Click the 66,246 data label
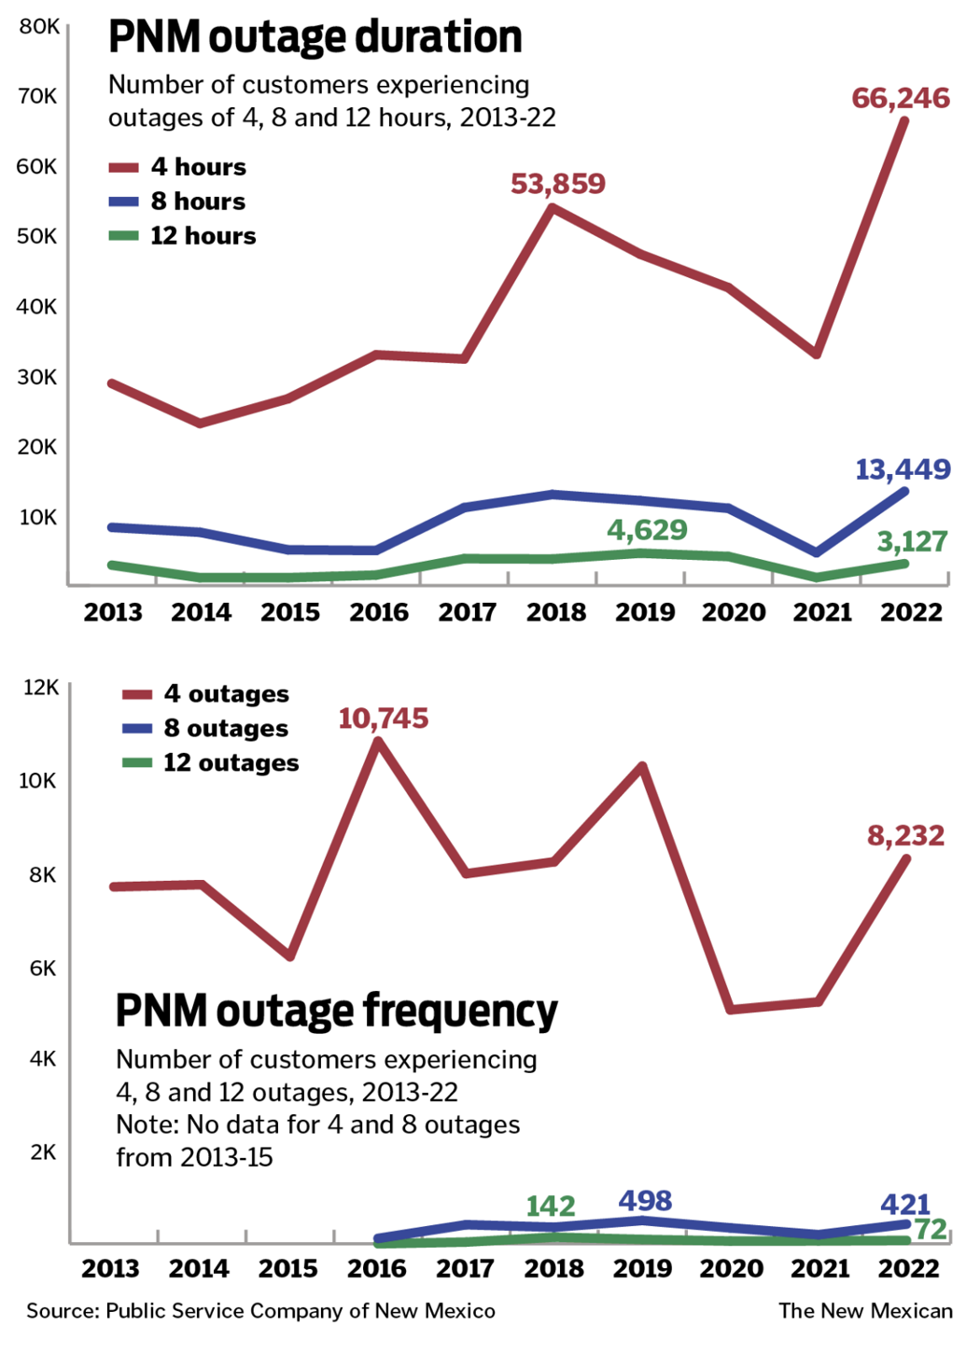pyautogui.click(x=900, y=98)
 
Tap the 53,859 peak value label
pyautogui.click(x=557, y=184)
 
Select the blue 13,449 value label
pyautogui.click(x=902, y=469)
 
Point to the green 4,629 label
pyautogui.click(x=647, y=530)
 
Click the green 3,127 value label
pyautogui.click(x=911, y=541)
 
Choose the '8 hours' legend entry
pyautogui.click(x=177, y=202)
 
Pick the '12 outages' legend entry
pyautogui.click(x=211, y=763)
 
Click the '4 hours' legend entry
pyautogui.click(x=177, y=167)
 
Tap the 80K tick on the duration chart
pyautogui.click(x=38, y=27)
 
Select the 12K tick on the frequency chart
pyautogui.click(x=40, y=688)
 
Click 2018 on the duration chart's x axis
pyautogui.click(x=556, y=612)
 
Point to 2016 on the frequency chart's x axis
pyautogui.click(x=377, y=1269)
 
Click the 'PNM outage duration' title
pyautogui.click(x=315, y=37)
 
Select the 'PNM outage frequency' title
pyautogui.click(x=336, y=1011)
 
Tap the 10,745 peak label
pyautogui.click(x=383, y=719)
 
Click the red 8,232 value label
pyautogui.click(x=905, y=835)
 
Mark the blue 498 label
pyautogui.click(x=645, y=1201)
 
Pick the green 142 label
pyautogui.click(x=551, y=1207)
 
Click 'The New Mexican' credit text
pyautogui.click(x=865, y=1311)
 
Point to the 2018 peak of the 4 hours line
pyautogui.click(x=553, y=207)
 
